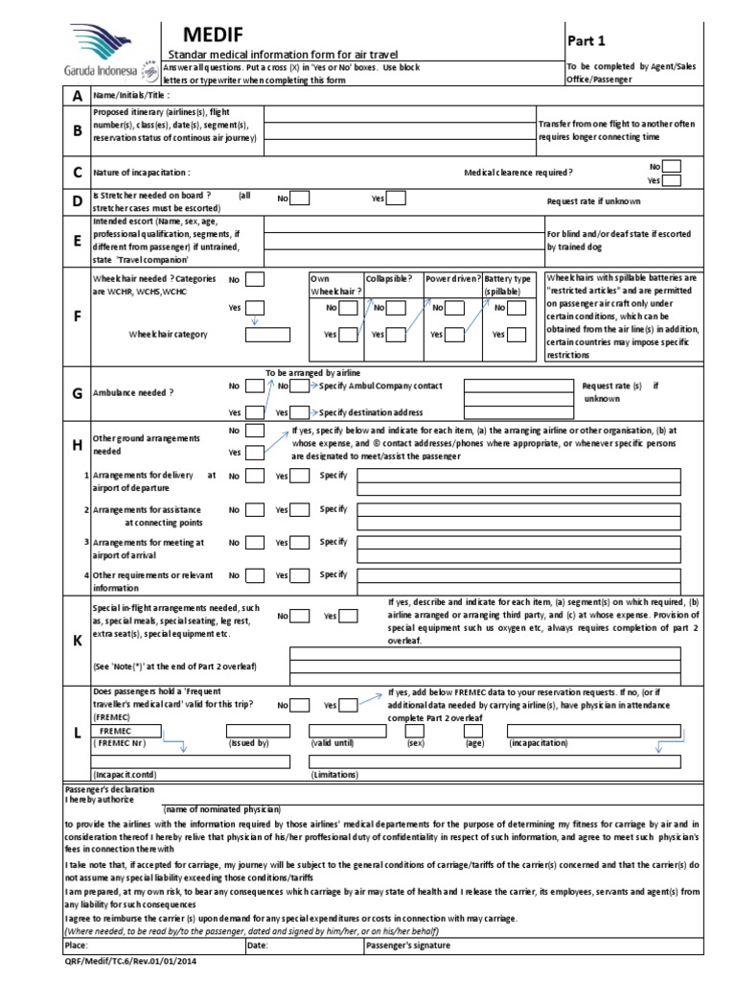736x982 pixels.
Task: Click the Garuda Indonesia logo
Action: pos(96,52)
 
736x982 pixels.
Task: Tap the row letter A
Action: pos(50,97)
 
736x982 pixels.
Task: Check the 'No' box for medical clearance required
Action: pos(672,166)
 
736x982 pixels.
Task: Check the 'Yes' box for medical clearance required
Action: pos(672,180)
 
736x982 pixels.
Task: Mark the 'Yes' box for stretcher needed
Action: pos(395,199)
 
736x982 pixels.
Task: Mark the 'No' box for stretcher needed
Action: pos(300,199)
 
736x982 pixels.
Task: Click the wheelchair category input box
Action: pos(267,335)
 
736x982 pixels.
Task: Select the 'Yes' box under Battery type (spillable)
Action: pos(517,335)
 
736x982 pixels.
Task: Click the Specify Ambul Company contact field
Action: pos(514,386)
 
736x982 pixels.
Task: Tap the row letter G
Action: pos(50,393)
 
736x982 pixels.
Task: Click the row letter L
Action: pos(50,733)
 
